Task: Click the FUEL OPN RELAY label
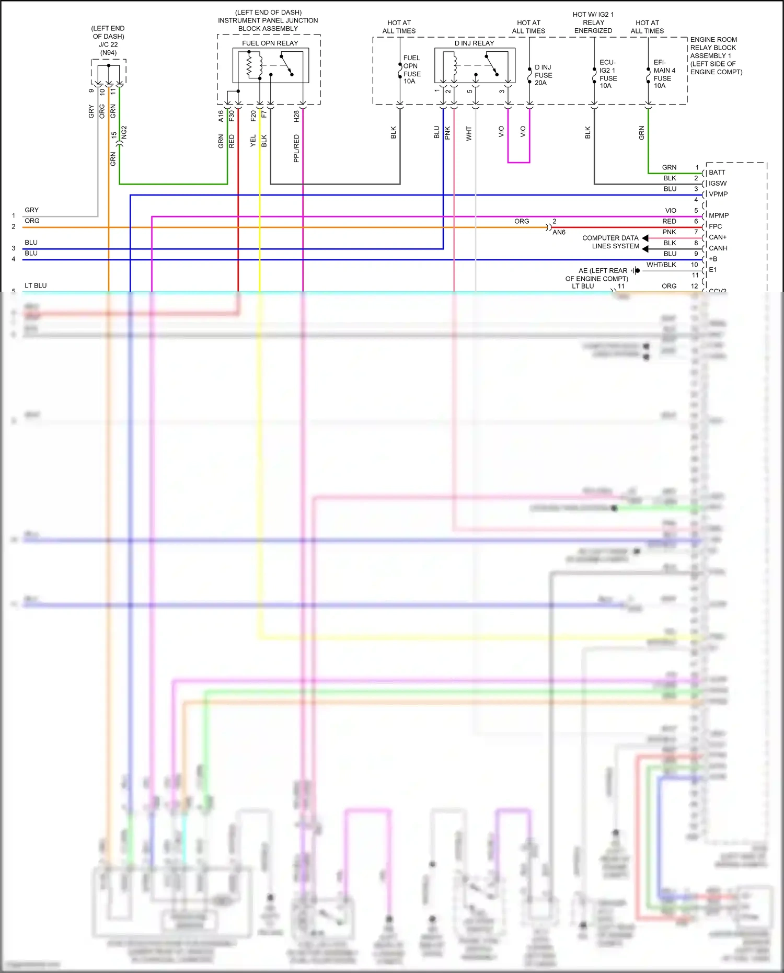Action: click(x=270, y=43)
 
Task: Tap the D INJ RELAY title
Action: click(x=474, y=43)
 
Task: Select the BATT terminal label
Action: click(x=717, y=173)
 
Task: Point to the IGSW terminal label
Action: click(x=718, y=184)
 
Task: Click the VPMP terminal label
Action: click(x=718, y=194)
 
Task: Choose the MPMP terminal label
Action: click(x=719, y=215)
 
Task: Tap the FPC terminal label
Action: click(x=715, y=226)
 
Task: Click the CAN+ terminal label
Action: click(x=718, y=237)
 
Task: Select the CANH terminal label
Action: click(x=718, y=248)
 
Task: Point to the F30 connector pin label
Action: click(x=232, y=116)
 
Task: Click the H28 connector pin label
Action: click(x=296, y=116)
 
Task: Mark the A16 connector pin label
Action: click(x=221, y=116)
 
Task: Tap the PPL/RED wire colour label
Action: click(x=296, y=148)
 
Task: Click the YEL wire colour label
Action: click(x=253, y=141)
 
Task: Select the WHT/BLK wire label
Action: click(x=661, y=265)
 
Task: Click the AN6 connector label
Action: click(x=559, y=233)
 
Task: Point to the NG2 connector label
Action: click(x=124, y=132)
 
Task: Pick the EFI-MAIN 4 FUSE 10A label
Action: click(x=664, y=74)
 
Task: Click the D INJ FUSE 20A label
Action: click(x=543, y=75)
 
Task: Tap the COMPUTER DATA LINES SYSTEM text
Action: click(x=610, y=242)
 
